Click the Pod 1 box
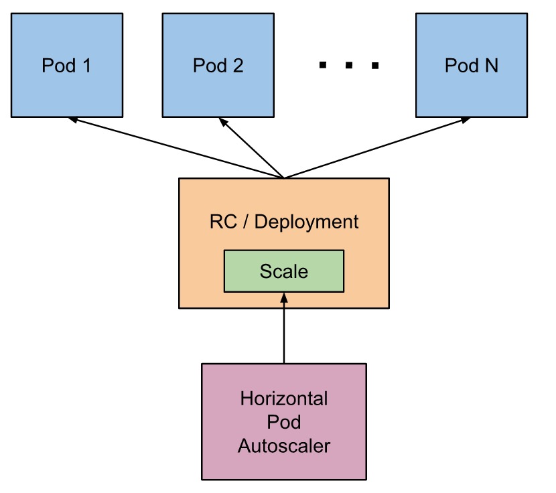tap(67, 65)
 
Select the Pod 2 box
tap(218, 65)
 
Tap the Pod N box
tap(472, 65)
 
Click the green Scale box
tap(284, 271)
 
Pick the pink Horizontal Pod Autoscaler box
tap(284, 422)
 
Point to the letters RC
tap(223, 222)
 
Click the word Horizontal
tap(284, 399)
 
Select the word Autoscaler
tap(284, 446)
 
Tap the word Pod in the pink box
tap(284, 422)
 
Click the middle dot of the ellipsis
tap(349, 65)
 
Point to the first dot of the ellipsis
tap(323, 65)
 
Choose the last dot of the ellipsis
tap(375, 66)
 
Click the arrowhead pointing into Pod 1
tap(72, 119)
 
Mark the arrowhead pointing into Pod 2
tap(223, 123)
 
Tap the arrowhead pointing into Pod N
tap(466, 120)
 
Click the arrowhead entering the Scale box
tap(284, 298)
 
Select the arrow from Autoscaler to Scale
tap(284, 328)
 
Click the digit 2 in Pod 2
tap(238, 66)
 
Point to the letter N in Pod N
tap(492, 66)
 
